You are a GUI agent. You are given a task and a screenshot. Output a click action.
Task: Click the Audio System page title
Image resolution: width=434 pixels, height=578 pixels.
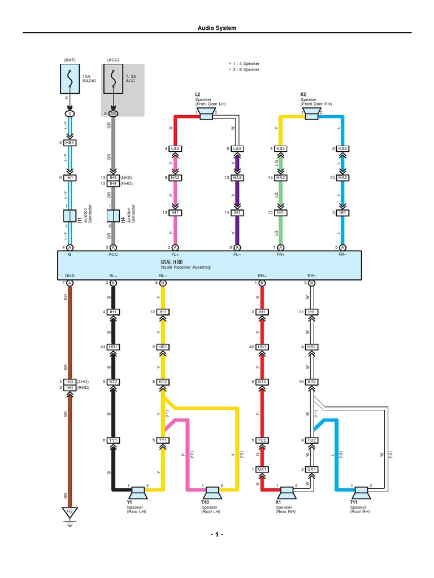[x=216, y=28]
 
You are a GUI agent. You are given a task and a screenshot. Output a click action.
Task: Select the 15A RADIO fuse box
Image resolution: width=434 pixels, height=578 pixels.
[x=70, y=78]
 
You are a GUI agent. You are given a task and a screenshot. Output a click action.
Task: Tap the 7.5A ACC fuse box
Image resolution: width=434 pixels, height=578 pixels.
[x=113, y=78]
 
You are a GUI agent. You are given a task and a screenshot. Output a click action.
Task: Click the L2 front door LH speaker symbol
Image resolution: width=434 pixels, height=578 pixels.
[x=206, y=114]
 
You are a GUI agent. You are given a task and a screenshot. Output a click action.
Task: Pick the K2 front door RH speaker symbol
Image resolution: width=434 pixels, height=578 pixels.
[x=311, y=114]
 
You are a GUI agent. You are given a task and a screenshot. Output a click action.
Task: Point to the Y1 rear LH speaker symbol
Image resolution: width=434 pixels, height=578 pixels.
[x=138, y=493]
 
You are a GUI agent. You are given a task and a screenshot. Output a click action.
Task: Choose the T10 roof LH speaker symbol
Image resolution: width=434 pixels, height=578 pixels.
[x=212, y=493]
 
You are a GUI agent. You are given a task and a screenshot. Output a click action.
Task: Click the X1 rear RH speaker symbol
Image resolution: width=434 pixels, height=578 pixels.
[x=287, y=493]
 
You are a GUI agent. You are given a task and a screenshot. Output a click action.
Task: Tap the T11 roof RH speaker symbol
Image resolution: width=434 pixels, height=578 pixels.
[x=361, y=493]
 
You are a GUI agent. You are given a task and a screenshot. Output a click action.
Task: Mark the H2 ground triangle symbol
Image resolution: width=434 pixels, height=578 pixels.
[x=70, y=512]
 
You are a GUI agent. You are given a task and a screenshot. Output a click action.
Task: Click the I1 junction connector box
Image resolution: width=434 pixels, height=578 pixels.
[x=70, y=216]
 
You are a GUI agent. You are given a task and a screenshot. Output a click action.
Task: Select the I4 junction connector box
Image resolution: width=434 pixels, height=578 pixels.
[x=113, y=216]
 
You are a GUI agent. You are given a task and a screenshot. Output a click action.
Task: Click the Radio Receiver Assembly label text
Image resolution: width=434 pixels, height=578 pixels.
[x=185, y=267]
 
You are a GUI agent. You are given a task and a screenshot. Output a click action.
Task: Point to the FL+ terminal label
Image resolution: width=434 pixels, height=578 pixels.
[x=175, y=255]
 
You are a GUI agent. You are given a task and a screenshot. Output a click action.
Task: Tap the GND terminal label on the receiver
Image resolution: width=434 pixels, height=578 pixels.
[x=70, y=275]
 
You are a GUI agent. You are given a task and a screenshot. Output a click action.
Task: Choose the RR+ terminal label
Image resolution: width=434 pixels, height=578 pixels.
[x=262, y=275]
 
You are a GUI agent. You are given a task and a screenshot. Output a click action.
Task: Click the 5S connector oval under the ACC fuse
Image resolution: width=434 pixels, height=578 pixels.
[x=113, y=113]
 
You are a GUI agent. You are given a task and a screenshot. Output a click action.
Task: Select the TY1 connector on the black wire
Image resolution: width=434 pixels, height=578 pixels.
[x=113, y=440]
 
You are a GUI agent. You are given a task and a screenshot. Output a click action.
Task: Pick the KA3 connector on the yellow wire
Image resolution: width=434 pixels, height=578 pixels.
[x=280, y=148]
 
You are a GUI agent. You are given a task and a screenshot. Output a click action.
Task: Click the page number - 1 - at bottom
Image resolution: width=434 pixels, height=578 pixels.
[x=217, y=535]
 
